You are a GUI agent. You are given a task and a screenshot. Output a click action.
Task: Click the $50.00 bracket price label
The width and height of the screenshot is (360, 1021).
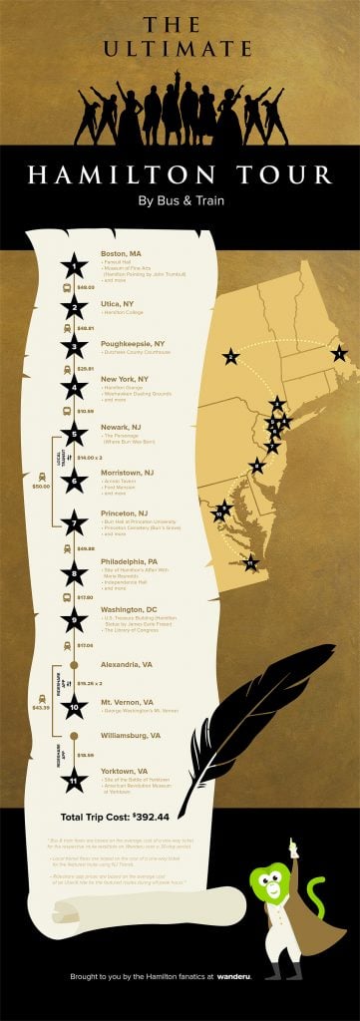click(40, 487)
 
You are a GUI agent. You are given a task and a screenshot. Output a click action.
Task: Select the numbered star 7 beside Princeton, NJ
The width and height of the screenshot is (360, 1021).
click(73, 521)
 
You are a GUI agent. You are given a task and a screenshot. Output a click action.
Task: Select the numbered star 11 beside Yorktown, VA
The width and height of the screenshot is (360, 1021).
click(73, 781)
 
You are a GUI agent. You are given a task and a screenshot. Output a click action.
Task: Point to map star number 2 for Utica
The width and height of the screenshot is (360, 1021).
click(231, 357)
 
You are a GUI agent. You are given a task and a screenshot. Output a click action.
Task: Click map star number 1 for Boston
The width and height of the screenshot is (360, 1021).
click(339, 353)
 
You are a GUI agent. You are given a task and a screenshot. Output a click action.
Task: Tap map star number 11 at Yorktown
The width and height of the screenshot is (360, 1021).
click(250, 563)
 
